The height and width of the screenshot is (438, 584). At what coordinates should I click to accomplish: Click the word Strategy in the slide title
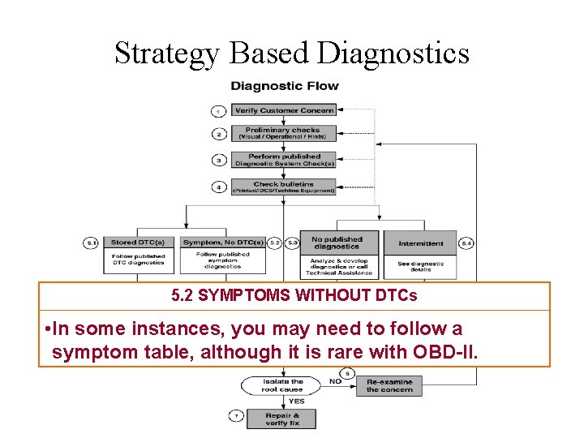pos(167,54)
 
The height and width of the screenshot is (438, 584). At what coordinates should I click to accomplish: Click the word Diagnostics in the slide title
pos(394,54)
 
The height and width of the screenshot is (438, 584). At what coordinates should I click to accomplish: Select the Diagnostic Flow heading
pos(285,86)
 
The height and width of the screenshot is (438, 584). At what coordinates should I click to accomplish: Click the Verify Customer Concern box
pos(284,110)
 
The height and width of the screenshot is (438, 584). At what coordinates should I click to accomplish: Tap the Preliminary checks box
pos(283,132)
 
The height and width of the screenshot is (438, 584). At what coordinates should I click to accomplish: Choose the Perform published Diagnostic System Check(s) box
pos(284,159)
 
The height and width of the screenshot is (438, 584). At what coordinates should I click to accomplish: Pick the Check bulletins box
pos(283,187)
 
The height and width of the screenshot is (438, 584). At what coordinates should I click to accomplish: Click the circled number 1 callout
pos(219,110)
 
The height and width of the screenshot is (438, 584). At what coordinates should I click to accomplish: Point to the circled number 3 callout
pos(219,160)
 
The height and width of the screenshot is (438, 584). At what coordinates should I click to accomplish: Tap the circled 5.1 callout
pos(92,243)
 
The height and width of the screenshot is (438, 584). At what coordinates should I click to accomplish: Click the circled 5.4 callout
pos(466,243)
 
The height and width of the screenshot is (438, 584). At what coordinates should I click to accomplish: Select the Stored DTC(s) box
pos(138,243)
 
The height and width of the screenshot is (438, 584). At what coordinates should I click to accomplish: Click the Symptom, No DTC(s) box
pos(223,243)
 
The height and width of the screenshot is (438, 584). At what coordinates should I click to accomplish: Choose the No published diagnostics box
pos(337,243)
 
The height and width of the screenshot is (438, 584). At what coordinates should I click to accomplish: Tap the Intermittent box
pos(421,243)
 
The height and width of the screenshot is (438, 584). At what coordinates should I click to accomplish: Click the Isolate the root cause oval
pos(282,385)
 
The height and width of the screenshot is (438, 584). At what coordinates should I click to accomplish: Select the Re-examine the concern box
pos(389,385)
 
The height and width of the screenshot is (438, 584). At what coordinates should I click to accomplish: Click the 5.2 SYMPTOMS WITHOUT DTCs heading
pos(294,296)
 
